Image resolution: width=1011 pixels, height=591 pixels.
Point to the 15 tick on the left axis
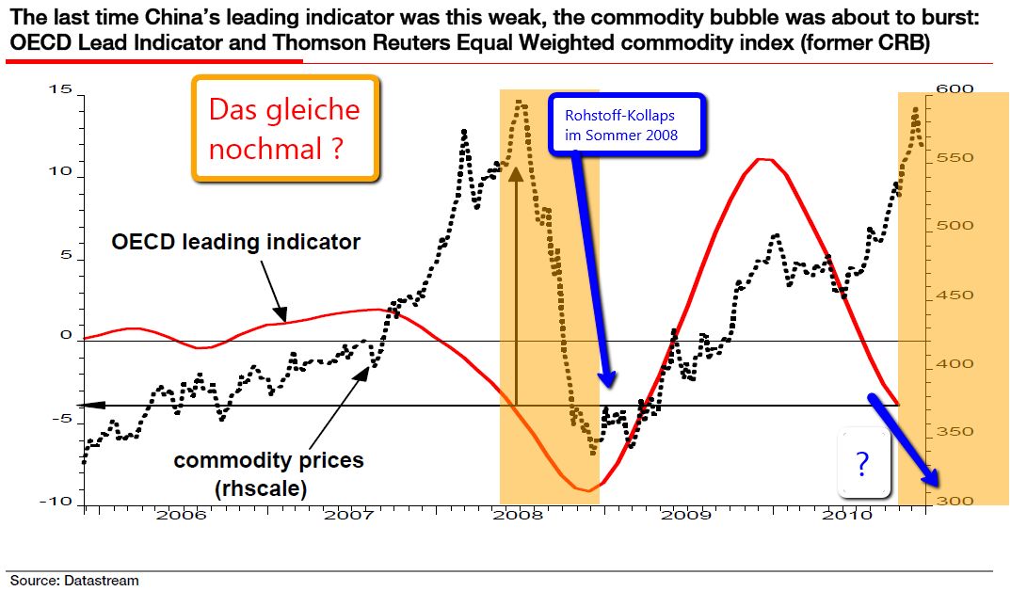(63, 89)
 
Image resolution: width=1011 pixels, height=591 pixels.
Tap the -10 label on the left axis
(58, 501)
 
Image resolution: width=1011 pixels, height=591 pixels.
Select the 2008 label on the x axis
(517, 515)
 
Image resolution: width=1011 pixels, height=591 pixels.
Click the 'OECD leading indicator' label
(235, 242)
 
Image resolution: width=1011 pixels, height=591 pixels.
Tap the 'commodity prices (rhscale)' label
(268, 474)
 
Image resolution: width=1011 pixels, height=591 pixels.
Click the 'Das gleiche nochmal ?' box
(284, 129)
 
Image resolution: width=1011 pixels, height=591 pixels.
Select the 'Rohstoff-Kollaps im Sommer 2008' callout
(626, 125)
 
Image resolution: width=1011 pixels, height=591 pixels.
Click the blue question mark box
(862, 461)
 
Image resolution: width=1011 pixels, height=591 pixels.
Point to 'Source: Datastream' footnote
(74, 580)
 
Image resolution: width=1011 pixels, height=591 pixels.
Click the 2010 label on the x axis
(852, 515)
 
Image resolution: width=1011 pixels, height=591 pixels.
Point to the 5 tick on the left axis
(66, 254)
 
